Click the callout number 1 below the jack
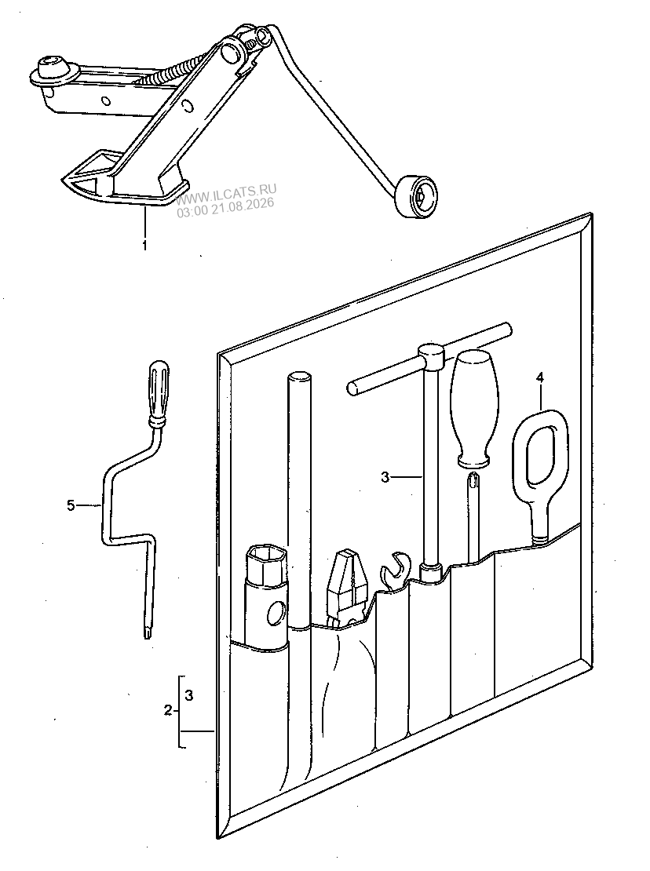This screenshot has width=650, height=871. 145,244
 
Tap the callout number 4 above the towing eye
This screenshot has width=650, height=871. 540,378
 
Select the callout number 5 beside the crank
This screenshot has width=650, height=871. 71,505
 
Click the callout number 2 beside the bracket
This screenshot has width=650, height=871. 168,710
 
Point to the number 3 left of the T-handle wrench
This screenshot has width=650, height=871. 385,476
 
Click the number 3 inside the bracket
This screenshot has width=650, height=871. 189,695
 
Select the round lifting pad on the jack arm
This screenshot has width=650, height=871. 53,69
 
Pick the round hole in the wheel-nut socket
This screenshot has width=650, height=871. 276,614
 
